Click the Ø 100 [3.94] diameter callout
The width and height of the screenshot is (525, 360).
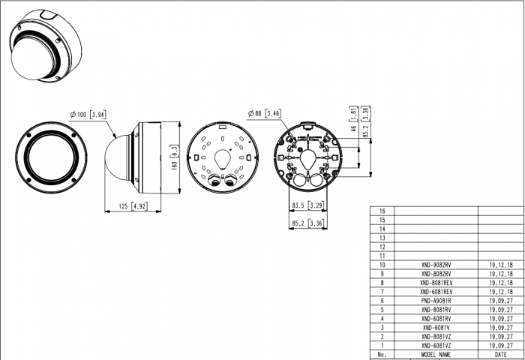88,115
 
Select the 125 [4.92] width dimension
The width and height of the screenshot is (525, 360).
133,206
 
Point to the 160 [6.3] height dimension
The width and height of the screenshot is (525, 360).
175,157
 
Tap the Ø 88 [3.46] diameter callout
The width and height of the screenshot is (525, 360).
264,113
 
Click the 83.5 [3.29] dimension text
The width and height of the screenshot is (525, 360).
307,205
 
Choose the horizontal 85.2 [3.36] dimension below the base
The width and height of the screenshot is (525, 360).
307,223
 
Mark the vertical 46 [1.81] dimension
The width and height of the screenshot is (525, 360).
354,119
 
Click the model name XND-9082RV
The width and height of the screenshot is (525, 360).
436,265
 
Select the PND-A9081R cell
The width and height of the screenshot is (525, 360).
436,301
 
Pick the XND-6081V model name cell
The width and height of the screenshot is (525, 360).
436,328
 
